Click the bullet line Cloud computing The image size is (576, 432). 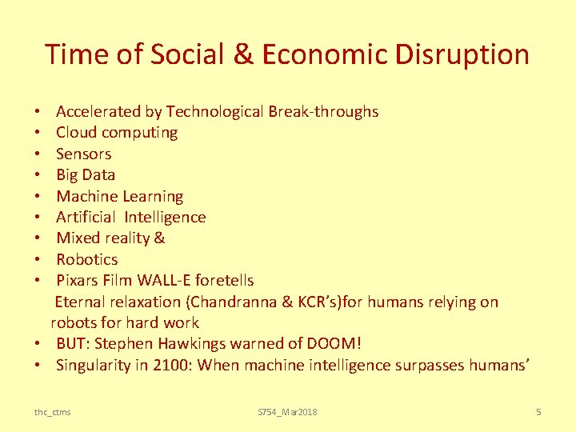[117, 133]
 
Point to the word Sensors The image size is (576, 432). [84, 154]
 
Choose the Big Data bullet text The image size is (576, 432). [86, 174]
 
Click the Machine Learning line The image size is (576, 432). [120, 196]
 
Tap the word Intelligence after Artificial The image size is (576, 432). [165, 217]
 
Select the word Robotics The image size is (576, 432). [87, 259]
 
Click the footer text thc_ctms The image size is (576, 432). [52, 411]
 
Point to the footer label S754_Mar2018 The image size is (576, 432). [287, 411]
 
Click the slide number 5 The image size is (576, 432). [538, 411]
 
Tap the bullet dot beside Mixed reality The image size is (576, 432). [38, 238]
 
